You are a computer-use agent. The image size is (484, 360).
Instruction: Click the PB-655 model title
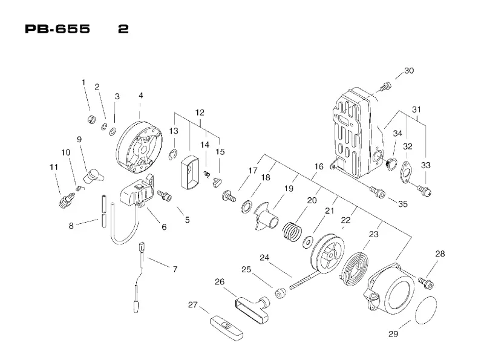click(57, 29)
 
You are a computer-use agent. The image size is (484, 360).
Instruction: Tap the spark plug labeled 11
click(67, 201)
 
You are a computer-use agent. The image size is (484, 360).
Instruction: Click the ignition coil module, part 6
click(137, 191)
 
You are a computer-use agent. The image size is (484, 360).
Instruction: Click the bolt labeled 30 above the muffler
click(385, 86)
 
